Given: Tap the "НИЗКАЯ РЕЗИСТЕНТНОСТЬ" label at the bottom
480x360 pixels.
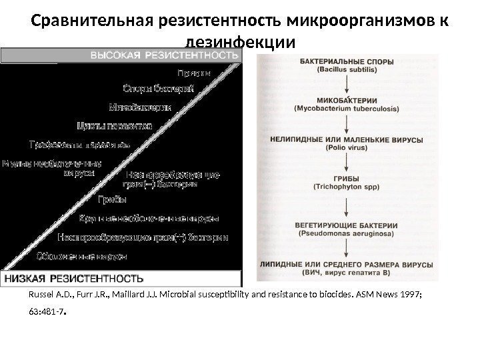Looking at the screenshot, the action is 75,276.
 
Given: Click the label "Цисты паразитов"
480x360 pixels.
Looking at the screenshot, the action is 114,125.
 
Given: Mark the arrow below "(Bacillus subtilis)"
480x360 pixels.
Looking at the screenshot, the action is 347,84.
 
